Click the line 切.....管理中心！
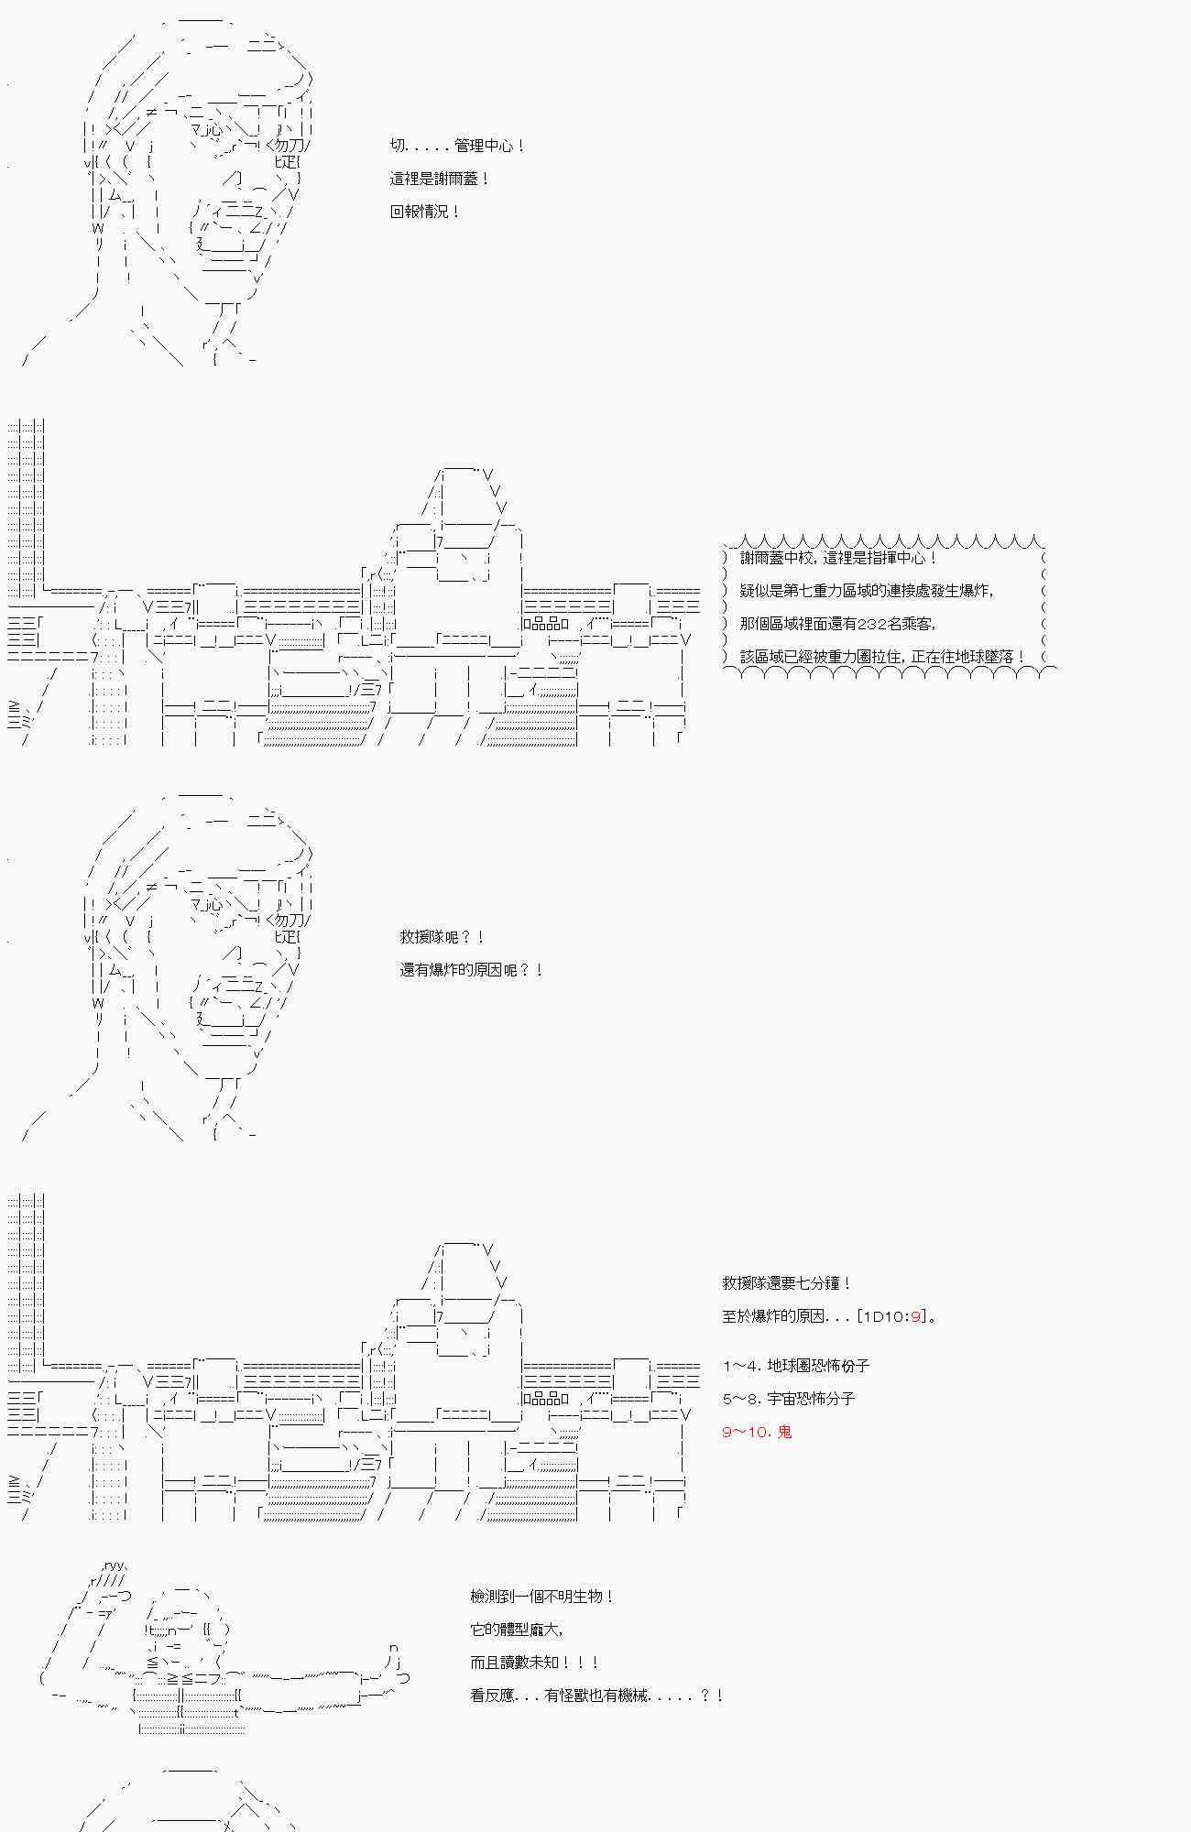pos(457,146)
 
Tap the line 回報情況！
pos(424,212)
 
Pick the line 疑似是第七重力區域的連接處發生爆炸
pos(866,591)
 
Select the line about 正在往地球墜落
pos(882,657)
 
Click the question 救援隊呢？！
pos(442,937)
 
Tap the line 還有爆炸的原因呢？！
pos(472,970)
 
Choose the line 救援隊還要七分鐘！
pos(787,1283)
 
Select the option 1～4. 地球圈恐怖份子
pos(795,1366)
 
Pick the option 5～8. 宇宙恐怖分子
pos(788,1399)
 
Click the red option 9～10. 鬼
pos(757,1432)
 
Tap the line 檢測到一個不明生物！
pos(541,1597)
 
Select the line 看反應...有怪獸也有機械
pos(596,1696)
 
